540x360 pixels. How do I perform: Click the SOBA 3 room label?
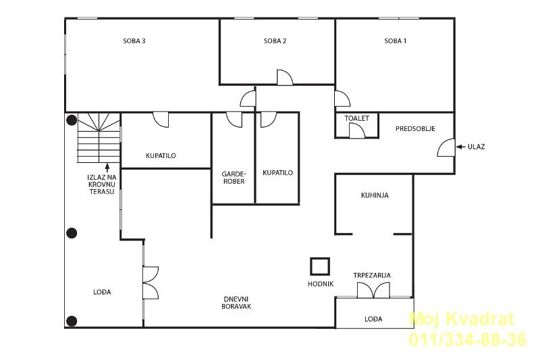pos(134,41)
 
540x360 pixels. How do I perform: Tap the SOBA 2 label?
pos(275,41)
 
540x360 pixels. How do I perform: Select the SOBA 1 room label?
pos(396,41)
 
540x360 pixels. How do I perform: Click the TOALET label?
pos(357,118)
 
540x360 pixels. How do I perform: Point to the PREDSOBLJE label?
pos(415,128)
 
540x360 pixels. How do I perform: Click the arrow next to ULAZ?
pos(460,147)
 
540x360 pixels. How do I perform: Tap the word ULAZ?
pos(477,147)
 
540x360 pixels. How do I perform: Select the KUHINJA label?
pos(375,195)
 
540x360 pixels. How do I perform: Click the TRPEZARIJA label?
pos(372,276)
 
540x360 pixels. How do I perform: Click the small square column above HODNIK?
pos(320,266)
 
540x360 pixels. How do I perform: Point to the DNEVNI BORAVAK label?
pos(236,303)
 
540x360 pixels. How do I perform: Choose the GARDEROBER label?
pos(234,178)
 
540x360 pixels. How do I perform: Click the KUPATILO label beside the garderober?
pos(277,173)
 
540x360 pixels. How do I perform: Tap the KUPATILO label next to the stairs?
pos(161,156)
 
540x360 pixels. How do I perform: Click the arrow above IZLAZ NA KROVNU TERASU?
pos(107,168)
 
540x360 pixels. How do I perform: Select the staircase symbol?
pos(99,138)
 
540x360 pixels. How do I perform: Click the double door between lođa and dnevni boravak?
pos(151,283)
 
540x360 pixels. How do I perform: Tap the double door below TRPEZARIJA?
pos(373,290)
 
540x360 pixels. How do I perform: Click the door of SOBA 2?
pos(285,78)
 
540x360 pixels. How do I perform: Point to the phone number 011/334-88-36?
pos(468,339)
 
